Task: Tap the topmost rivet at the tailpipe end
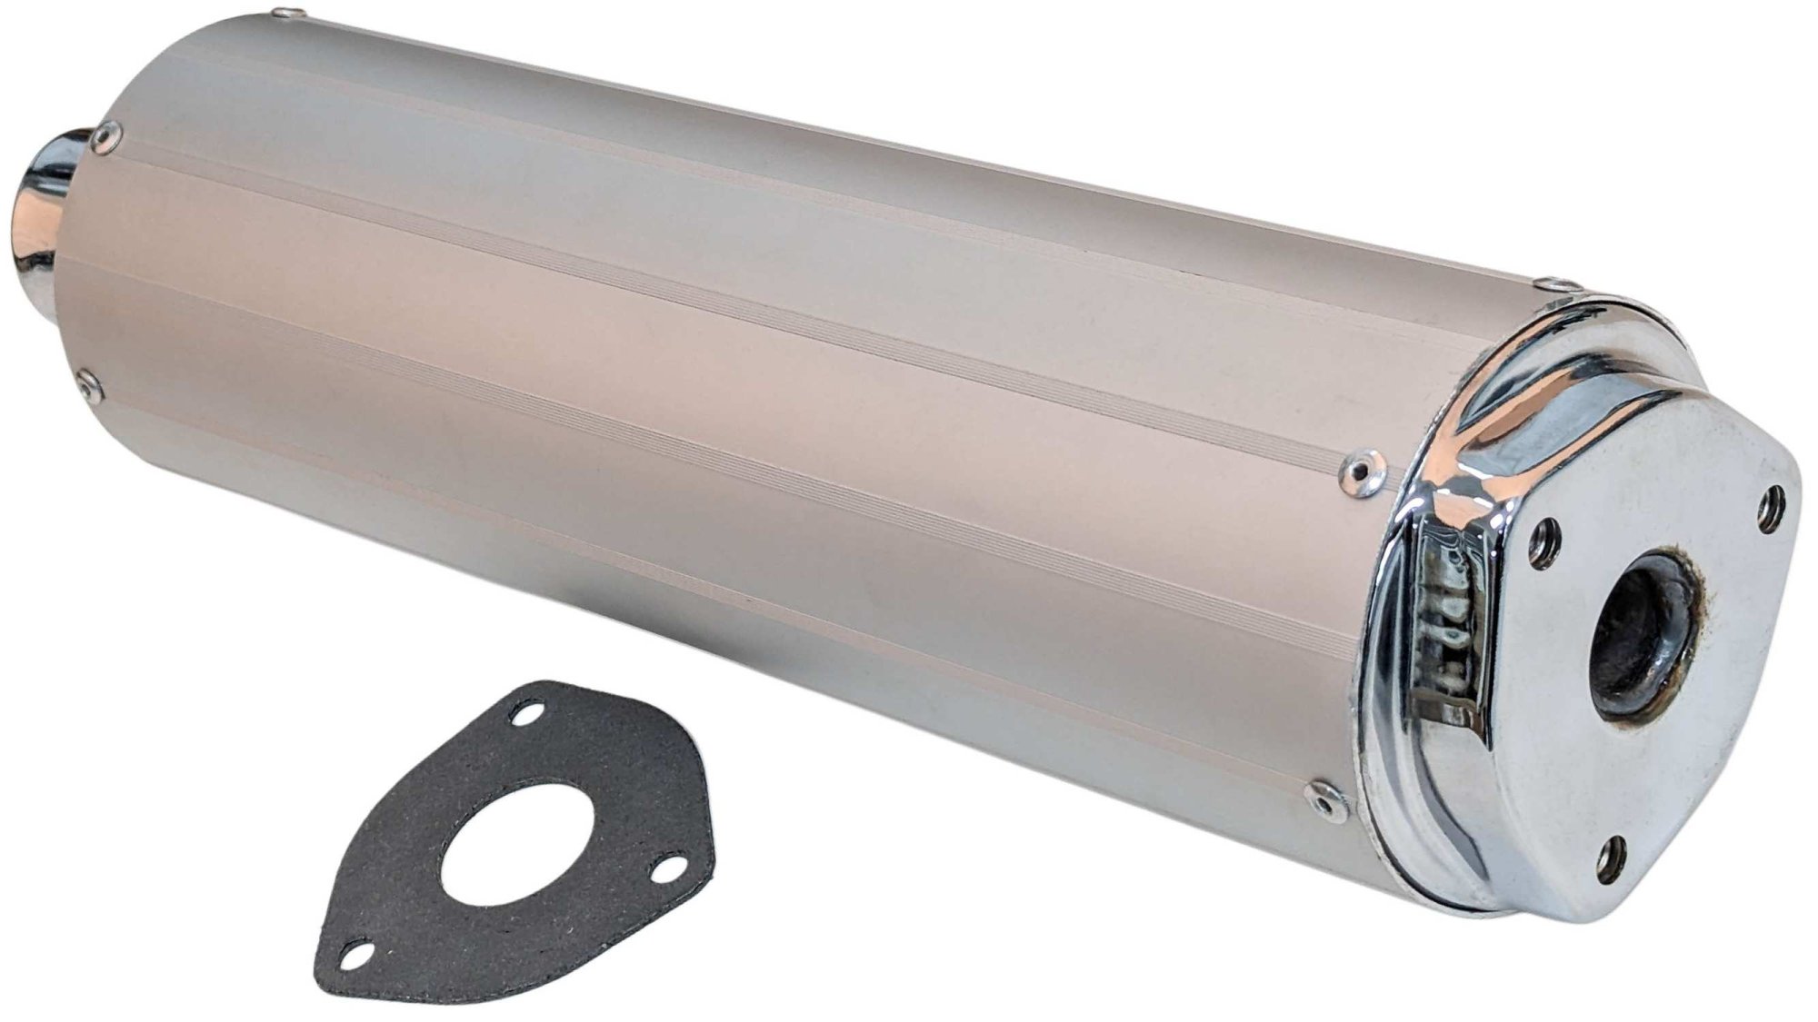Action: coord(291,12)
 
